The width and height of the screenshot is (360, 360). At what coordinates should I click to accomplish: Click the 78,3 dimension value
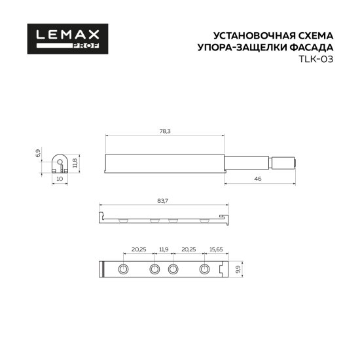coord(165,132)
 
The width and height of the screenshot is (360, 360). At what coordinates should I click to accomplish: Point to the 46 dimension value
coord(258,179)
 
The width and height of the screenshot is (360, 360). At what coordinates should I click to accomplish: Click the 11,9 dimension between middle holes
coord(164,249)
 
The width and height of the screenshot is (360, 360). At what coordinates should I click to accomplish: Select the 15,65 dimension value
coord(216,249)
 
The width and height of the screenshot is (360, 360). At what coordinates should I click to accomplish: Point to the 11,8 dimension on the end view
coord(75,162)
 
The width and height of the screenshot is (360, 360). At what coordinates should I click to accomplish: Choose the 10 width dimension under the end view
coord(59,178)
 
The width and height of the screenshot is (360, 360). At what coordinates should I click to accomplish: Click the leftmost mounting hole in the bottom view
coord(123,270)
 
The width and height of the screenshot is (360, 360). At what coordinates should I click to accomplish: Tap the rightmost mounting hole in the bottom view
coord(204,270)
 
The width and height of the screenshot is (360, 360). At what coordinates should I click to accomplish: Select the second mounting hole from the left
coord(154,270)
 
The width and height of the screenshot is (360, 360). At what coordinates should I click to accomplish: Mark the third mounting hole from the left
coord(173,270)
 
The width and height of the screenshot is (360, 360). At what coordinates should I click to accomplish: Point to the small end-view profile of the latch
coord(59,162)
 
